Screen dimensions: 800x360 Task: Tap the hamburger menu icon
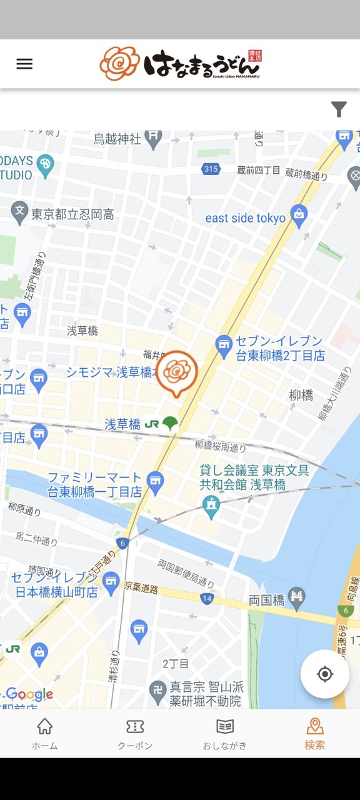24,64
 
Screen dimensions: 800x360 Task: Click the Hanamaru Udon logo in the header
180,63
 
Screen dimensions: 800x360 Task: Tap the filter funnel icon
339,109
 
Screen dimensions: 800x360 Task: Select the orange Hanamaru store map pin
177,372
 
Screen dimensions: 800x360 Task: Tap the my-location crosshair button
324,674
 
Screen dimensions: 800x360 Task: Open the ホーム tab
45,733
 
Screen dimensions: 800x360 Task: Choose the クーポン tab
135,733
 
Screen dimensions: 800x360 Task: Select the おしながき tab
225,733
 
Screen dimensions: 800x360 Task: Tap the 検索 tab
315,733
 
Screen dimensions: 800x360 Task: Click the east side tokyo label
246,218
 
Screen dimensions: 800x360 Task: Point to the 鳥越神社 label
117,138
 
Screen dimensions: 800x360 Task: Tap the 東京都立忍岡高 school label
72,214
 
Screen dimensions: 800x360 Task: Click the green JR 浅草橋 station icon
169,424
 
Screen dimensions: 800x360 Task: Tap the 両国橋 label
267,600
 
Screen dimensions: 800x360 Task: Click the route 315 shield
211,169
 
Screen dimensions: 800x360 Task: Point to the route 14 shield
207,599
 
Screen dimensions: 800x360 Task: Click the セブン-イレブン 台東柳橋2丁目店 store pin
224,344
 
